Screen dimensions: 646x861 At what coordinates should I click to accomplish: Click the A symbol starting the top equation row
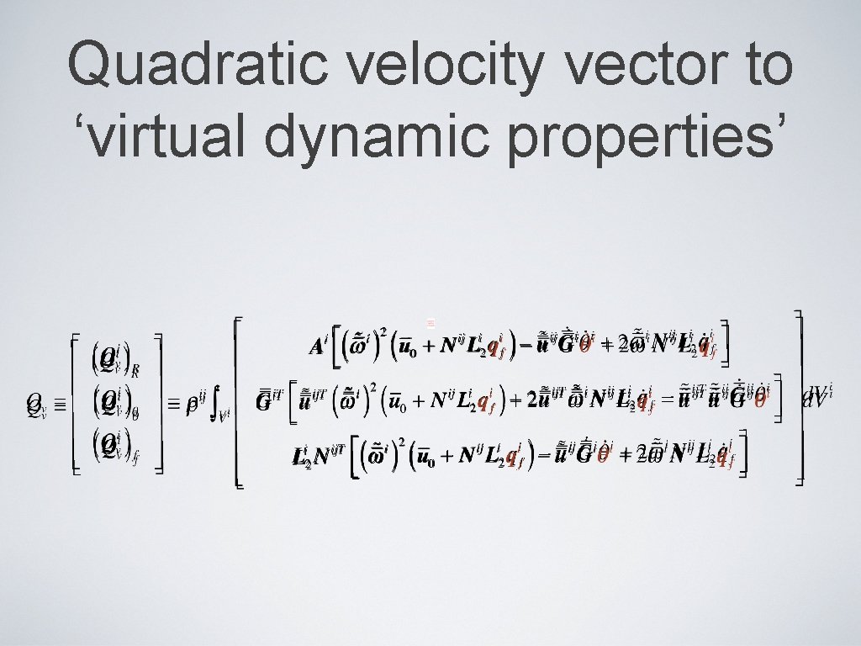(x=317, y=347)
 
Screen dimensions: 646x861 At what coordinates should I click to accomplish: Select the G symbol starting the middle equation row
(x=265, y=402)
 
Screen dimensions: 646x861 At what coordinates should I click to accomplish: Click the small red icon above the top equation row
(x=429, y=322)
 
